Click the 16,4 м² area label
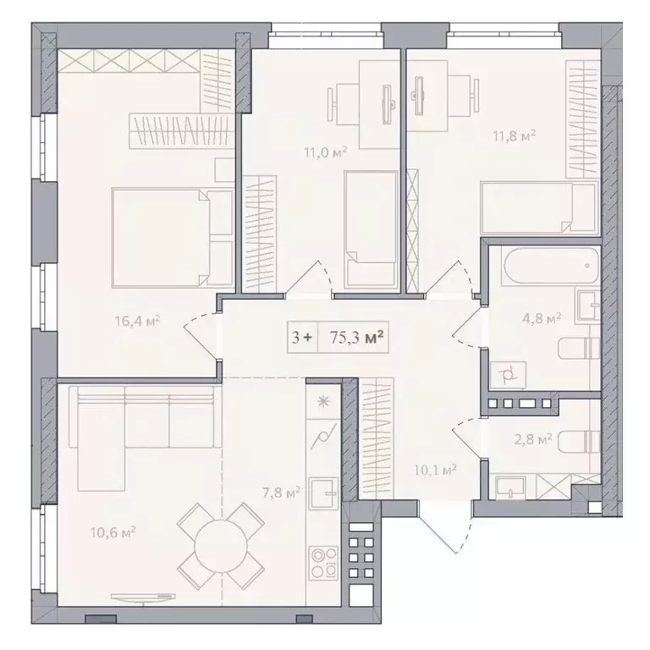[x=138, y=321]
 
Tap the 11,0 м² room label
[x=325, y=152]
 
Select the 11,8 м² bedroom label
[x=515, y=135]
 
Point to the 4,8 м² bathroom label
[x=542, y=319]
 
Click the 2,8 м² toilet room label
[x=533, y=439]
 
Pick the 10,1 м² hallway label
[x=435, y=470]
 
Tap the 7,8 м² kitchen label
[x=281, y=493]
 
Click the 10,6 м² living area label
[x=113, y=532]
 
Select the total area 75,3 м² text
[x=356, y=338]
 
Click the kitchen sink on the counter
[x=323, y=493]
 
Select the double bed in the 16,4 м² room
[x=173, y=238]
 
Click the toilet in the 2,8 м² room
[x=579, y=443]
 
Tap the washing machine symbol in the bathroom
[x=508, y=375]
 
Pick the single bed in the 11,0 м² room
[x=371, y=229]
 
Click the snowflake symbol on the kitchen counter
[x=323, y=401]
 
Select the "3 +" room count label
[x=302, y=338]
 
